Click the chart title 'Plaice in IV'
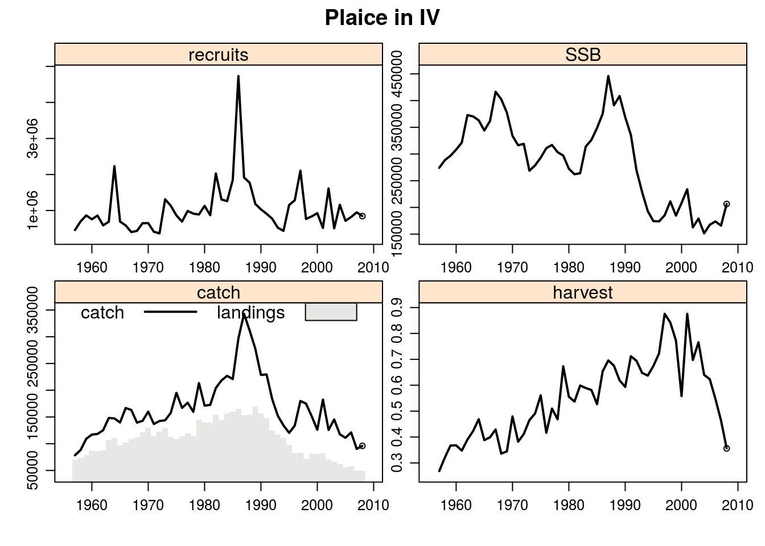[382, 18]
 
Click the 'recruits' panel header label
[219, 55]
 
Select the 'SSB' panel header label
[583, 55]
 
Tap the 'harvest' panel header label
[583, 292]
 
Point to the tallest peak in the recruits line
[238, 76]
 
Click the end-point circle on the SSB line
[726, 204]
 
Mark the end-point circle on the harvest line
[726, 448]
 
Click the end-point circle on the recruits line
[362, 216]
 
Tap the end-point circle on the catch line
[362, 446]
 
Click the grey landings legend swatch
[331, 312]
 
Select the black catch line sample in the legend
[170, 312]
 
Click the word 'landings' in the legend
[250, 313]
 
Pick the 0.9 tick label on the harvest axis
[397, 308]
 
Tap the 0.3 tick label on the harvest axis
[397, 462]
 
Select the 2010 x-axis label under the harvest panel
[738, 505]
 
